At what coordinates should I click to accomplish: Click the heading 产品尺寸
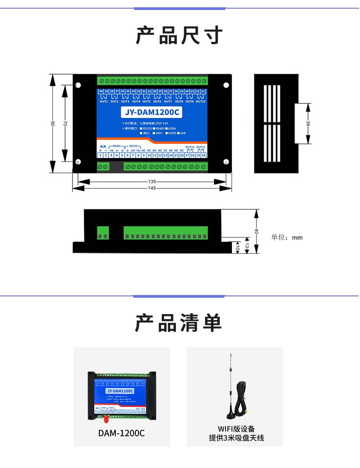(x=180, y=35)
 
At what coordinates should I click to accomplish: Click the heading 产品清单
(x=179, y=323)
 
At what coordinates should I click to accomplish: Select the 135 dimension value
(x=152, y=181)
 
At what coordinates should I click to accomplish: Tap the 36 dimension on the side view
(x=308, y=123)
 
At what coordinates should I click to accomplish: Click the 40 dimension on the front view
(x=257, y=231)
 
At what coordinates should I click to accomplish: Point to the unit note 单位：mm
(x=287, y=237)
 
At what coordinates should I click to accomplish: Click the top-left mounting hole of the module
(x=78, y=85)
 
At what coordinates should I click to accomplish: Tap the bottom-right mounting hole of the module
(x=226, y=162)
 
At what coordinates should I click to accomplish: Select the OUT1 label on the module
(x=103, y=102)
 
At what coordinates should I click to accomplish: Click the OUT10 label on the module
(x=201, y=102)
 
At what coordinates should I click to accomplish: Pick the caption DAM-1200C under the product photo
(x=121, y=433)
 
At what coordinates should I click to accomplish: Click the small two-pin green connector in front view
(x=103, y=232)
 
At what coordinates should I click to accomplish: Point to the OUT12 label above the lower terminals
(x=190, y=147)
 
